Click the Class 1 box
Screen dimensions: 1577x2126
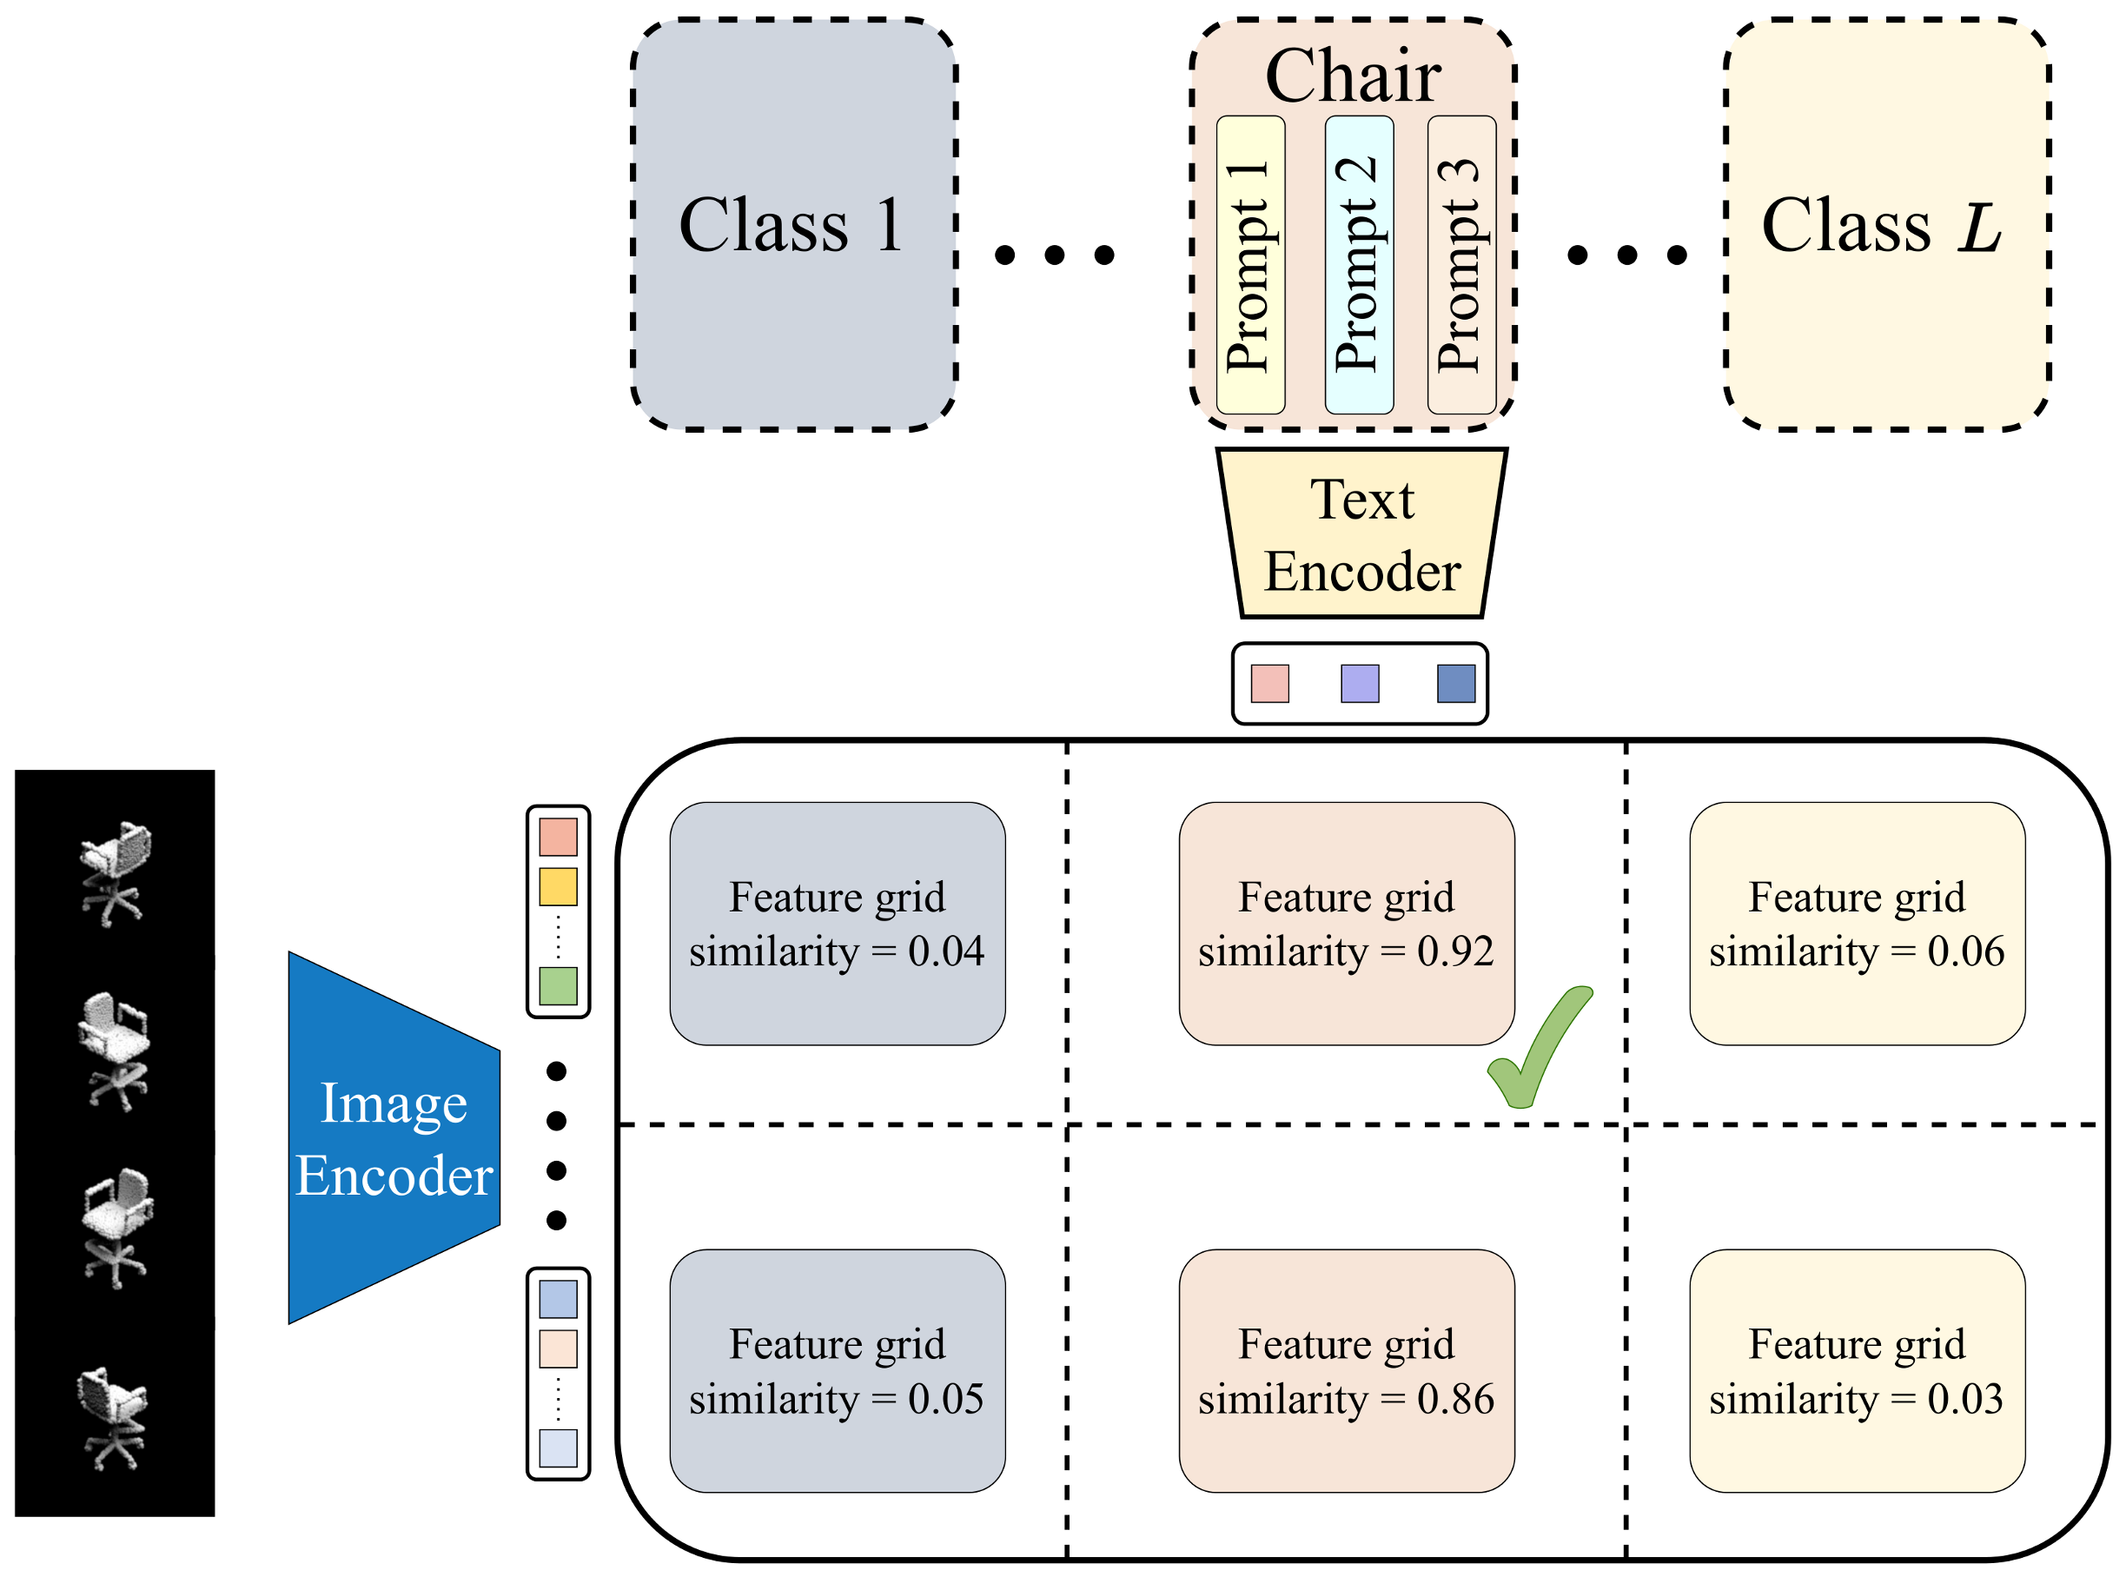point(793,224)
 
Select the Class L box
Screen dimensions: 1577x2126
point(1886,224)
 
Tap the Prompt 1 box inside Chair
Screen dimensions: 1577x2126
point(1249,265)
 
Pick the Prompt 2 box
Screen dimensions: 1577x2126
point(1359,265)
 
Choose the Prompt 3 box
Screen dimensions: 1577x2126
point(1460,265)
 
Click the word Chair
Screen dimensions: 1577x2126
point(1353,76)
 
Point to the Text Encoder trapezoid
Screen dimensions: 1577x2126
point(1361,534)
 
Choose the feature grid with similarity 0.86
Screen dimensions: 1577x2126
point(1346,1371)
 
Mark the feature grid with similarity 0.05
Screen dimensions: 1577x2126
point(837,1371)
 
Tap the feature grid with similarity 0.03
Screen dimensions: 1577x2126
point(1856,1371)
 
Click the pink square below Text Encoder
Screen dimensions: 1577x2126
point(1269,684)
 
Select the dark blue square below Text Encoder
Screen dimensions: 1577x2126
point(1455,684)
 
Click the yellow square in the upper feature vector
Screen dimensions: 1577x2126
point(558,887)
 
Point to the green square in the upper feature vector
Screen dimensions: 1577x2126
point(558,986)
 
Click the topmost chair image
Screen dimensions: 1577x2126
point(115,871)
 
